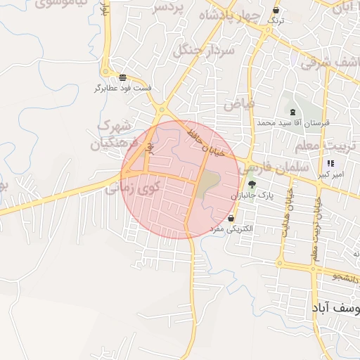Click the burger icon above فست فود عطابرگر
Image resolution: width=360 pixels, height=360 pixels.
pyautogui.click(x=123, y=77)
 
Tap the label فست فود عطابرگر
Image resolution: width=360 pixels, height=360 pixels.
pyautogui.click(x=123, y=89)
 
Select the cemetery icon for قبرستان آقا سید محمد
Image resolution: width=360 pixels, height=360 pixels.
pyautogui.click(x=292, y=112)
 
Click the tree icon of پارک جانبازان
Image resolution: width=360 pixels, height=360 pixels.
pyautogui.click(x=252, y=184)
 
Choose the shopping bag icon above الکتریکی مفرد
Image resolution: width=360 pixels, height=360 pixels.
pyautogui.click(x=231, y=219)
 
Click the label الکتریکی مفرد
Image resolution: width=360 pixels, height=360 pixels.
pyautogui.click(x=239, y=229)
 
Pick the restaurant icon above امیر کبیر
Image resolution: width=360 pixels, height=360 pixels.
pyautogui.click(x=331, y=164)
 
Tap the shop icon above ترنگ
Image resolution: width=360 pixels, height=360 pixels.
pyautogui.click(x=275, y=11)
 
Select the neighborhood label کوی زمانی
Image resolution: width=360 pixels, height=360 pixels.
pyautogui.click(x=133, y=188)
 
